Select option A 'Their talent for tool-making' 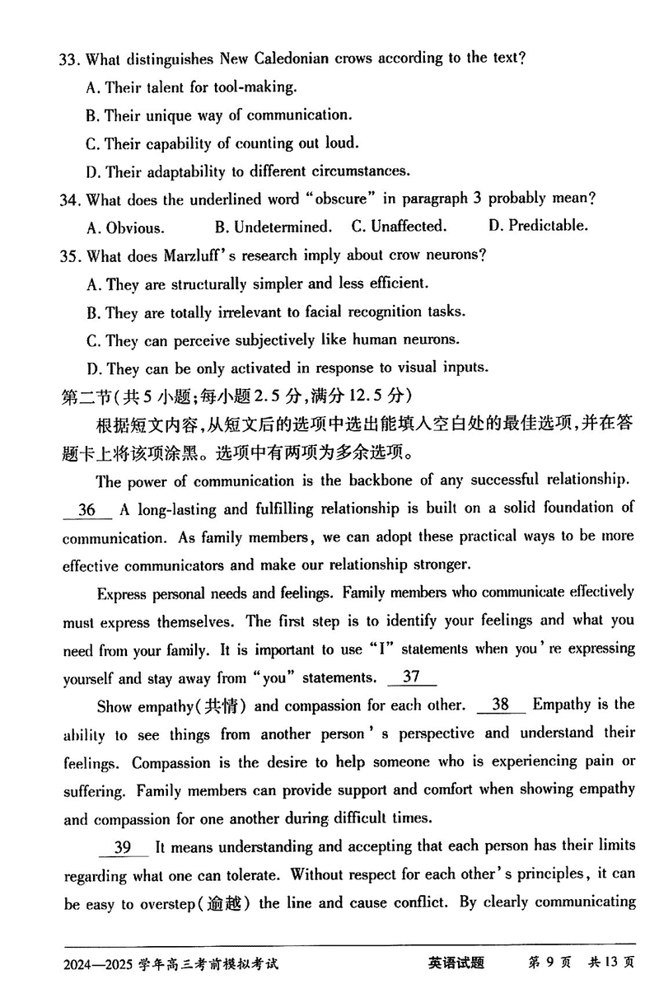click(x=191, y=87)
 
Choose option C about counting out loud click(x=222, y=143)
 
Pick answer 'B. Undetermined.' click(x=273, y=226)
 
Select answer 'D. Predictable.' click(x=538, y=225)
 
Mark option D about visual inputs click(x=287, y=367)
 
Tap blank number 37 click(x=411, y=677)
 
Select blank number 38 click(x=500, y=705)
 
